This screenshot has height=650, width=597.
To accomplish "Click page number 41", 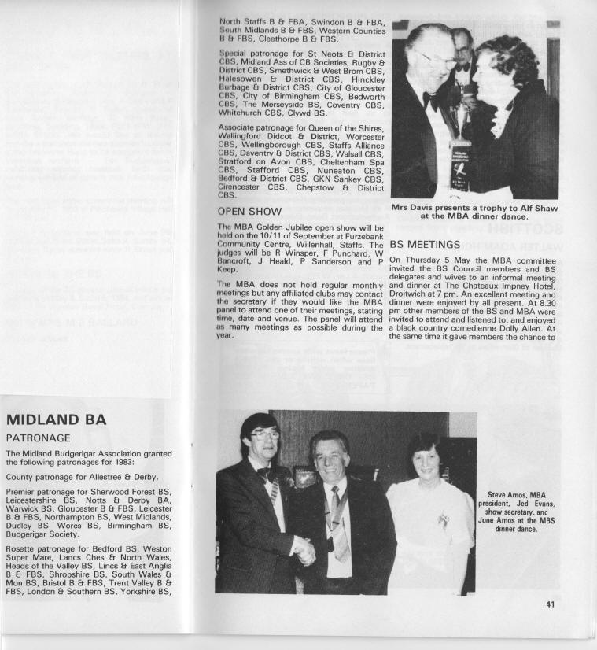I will (549, 604).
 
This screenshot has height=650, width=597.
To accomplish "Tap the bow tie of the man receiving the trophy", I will (430, 102).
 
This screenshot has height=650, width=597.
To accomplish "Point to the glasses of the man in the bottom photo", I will (265, 434).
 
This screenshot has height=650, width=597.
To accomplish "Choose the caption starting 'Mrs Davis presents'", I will (474, 211).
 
